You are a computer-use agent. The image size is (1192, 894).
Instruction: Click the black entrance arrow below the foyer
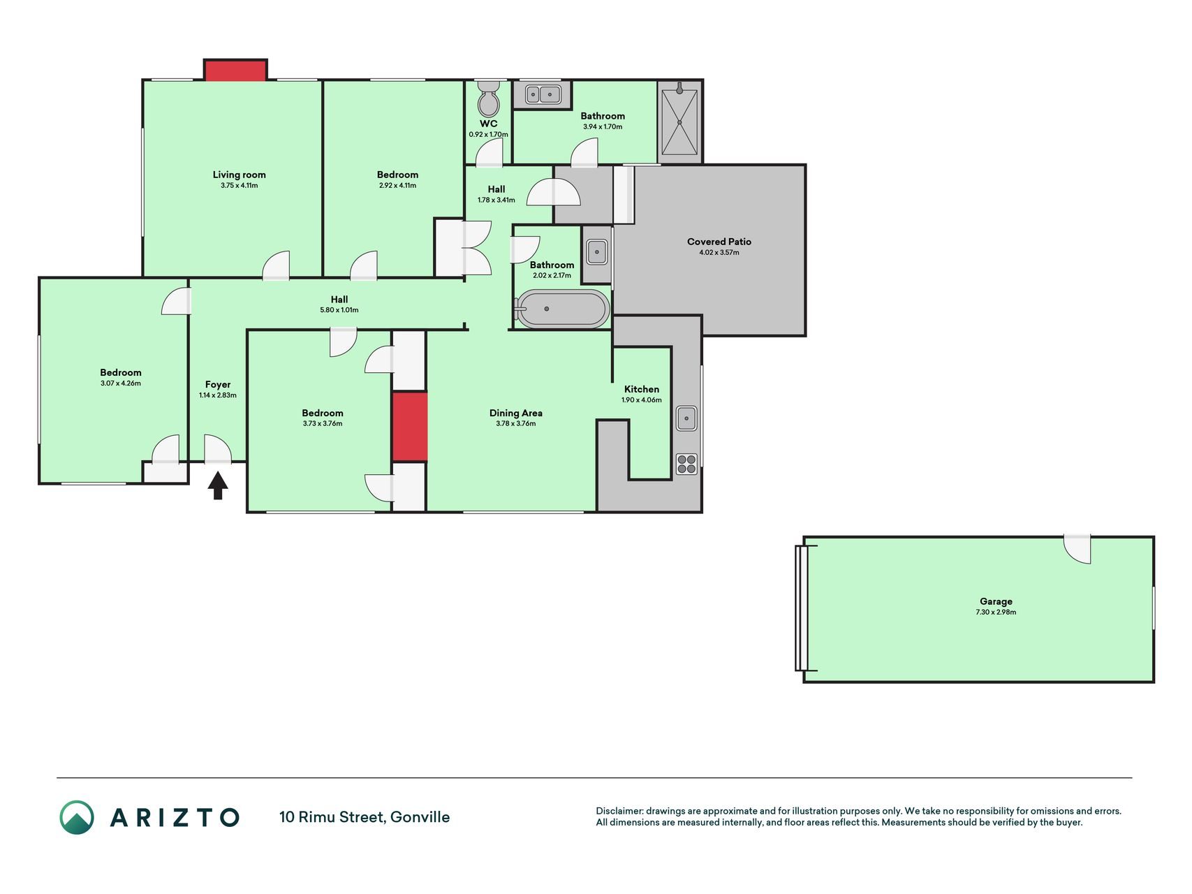pos(218,485)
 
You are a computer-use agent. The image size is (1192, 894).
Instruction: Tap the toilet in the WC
pos(489,99)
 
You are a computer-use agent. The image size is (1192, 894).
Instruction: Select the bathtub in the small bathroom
pos(562,309)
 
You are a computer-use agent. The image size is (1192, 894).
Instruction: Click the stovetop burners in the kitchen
pos(686,464)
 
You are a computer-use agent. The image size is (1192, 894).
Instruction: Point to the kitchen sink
pos(686,418)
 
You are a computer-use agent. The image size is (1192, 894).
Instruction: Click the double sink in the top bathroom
pos(543,94)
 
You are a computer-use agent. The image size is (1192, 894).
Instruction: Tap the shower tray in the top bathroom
pos(679,122)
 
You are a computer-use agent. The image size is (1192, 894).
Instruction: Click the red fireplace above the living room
pos(235,71)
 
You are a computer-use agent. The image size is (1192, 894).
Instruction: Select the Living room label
pos(240,175)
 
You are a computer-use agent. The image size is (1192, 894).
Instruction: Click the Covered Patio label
pos(719,242)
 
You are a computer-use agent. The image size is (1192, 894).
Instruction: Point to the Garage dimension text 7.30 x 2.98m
pos(996,613)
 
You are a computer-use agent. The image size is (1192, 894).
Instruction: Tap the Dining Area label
pos(516,413)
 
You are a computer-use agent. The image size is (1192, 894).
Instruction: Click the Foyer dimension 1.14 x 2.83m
pos(218,395)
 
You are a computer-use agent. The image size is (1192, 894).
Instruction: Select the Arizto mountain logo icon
pos(77,817)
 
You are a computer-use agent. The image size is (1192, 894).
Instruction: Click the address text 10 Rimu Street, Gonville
pos(365,817)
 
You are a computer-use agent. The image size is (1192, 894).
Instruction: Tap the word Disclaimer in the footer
pos(619,811)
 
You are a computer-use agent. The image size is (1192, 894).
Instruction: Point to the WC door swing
pos(490,152)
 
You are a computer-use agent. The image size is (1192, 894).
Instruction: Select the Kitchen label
pos(642,389)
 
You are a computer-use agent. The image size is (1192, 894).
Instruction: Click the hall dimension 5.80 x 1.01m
pos(339,310)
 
